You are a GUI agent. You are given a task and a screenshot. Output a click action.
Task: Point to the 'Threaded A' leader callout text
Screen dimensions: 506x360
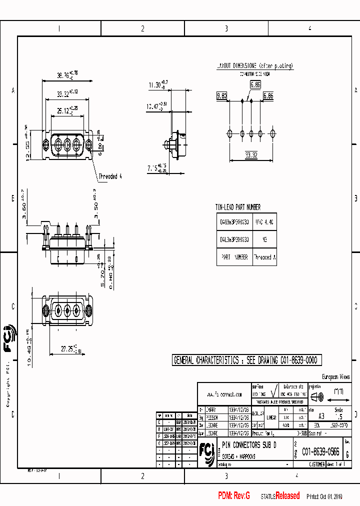click(110, 176)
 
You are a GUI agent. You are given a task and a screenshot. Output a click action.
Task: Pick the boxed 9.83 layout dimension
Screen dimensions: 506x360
click(221, 95)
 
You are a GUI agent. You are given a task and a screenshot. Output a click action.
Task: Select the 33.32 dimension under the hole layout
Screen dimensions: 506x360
click(251, 155)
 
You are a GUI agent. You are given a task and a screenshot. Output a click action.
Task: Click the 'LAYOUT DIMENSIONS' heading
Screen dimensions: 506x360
click(254, 66)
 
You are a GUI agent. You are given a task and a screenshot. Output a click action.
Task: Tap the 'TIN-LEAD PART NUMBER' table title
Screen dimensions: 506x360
click(238, 207)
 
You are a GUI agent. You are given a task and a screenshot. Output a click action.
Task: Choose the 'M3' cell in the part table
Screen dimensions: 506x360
click(264, 239)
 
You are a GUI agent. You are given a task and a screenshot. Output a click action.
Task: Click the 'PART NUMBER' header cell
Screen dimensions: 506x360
click(234, 257)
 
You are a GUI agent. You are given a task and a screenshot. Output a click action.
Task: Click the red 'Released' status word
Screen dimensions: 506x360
click(287, 496)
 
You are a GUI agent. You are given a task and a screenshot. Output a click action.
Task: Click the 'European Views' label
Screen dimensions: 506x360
click(335, 377)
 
